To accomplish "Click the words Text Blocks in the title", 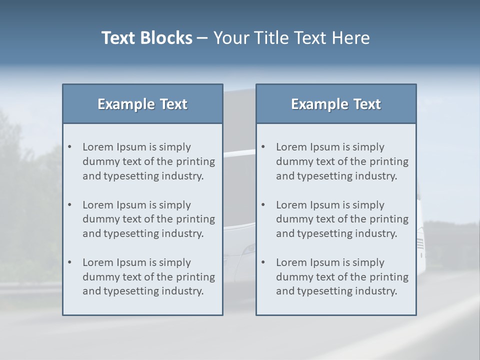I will pyautogui.click(x=146, y=38).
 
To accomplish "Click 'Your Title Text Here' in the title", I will pyautogui.click(x=291, y=38).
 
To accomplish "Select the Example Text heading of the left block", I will pyautogui.click(x=142, y=104).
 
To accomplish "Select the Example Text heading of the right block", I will pyautogui.click(x=336, y=104).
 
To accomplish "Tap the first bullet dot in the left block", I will pyautogui.click(x=70, y=147).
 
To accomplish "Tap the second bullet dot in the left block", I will pyautogui.click(x=70, y=205).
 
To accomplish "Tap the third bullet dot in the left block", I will pyautogui.click(x=70, y=262).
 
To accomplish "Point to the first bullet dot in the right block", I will pyautogui.click(x=263, y=147).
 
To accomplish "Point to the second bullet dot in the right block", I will pyautogui.click(x=263, y=205).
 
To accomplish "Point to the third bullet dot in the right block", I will pyautogui.click(x=263, y=262).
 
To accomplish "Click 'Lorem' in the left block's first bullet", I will pyautogui.click(x=98, y=147).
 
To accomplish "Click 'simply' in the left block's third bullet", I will pyautogui.click(x=175, y=262).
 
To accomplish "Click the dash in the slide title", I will pyautogui.click(x=202, y=38).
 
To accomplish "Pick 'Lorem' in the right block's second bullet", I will pyautogui.click(x=291, y=205).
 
